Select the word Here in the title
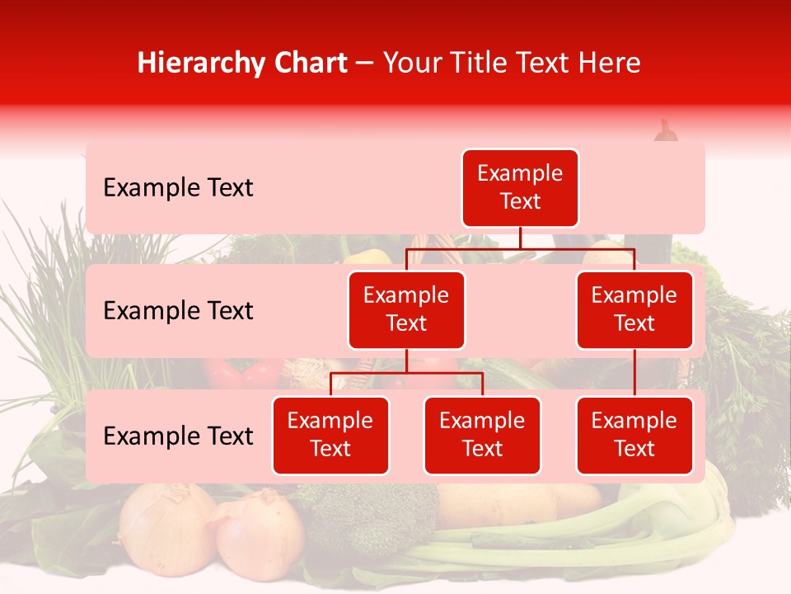[x=609, y=63]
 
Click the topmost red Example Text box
[x=520, y=187]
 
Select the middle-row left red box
[x=406, y=309]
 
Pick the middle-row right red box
[x=634, y=309]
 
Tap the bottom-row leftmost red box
[x=330, y=435]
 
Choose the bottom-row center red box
[x=482, y=435]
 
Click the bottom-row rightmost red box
[x=634, y=435]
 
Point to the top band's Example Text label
[x=178, y=188]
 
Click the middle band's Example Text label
[x=178, y=311]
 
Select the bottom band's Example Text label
[x=178, y=436]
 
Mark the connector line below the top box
[x=520, y=238]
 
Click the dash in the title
[x=365, y=64]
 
